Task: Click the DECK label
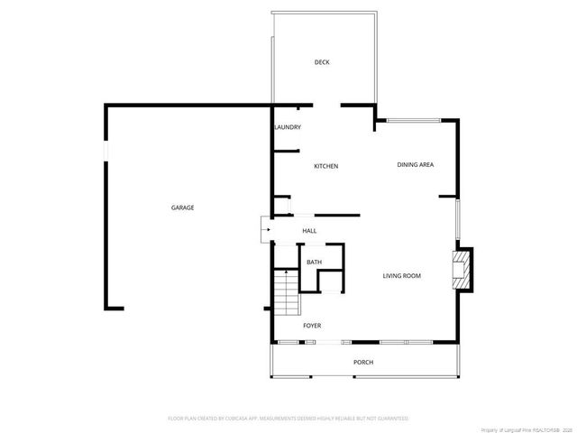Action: point(322,62)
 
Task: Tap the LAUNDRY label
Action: point(287,127)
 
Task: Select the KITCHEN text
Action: point(325,166)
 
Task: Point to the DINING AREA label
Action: point(416,164)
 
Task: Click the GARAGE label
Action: point(183,207)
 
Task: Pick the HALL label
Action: point(309,231)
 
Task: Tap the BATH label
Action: point(314,262)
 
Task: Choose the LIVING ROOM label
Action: point(402,276)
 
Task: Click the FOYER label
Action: point(312,325)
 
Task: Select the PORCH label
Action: point(362,362)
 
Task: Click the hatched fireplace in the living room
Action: point(462,270)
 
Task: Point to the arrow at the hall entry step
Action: point(266,230)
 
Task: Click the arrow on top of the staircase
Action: point(286,272)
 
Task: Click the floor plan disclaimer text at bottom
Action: point(288,419)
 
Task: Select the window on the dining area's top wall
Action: point(410,119)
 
